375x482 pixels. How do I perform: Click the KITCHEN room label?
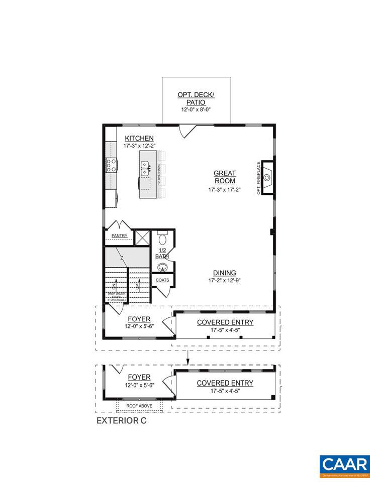click(139, 138)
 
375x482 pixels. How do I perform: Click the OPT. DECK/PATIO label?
click(196, 98)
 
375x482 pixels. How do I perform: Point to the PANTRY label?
click(120, 235)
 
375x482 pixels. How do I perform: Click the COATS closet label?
click(162, 280)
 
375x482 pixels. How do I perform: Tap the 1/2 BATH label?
click(162, 253)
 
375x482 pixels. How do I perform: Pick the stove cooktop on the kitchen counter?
click(111, 165)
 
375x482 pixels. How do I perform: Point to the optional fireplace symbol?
click(267, 177)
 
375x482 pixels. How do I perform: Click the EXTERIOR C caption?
click(121, 421)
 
